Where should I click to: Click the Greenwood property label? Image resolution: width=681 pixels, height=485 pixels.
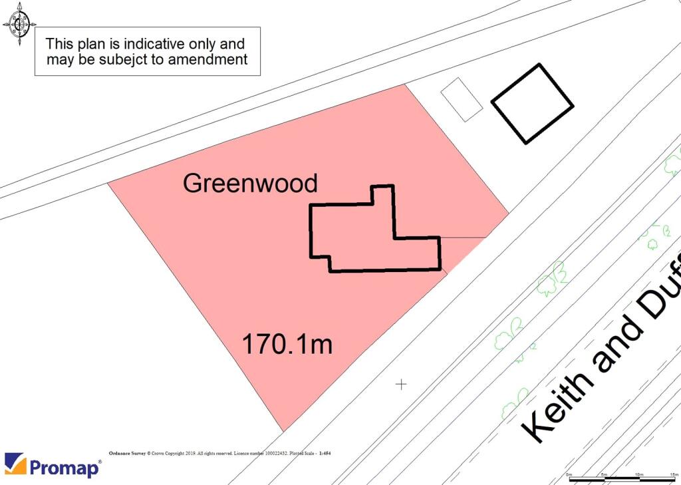(250, 183)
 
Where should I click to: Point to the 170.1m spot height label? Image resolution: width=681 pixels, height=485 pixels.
(287, 345)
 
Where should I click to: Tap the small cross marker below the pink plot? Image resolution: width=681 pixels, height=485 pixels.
(401, 384)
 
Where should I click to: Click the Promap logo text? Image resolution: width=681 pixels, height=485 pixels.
(65, 467)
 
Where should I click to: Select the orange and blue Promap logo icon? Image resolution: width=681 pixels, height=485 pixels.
(15, 464)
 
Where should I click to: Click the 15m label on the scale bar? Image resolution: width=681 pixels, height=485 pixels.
(673, 474)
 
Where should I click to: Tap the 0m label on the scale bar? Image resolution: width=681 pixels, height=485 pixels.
(569, 474)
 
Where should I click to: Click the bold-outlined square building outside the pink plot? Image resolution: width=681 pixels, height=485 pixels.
(532, 103)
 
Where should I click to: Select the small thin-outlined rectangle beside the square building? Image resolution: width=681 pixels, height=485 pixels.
(462, 99)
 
